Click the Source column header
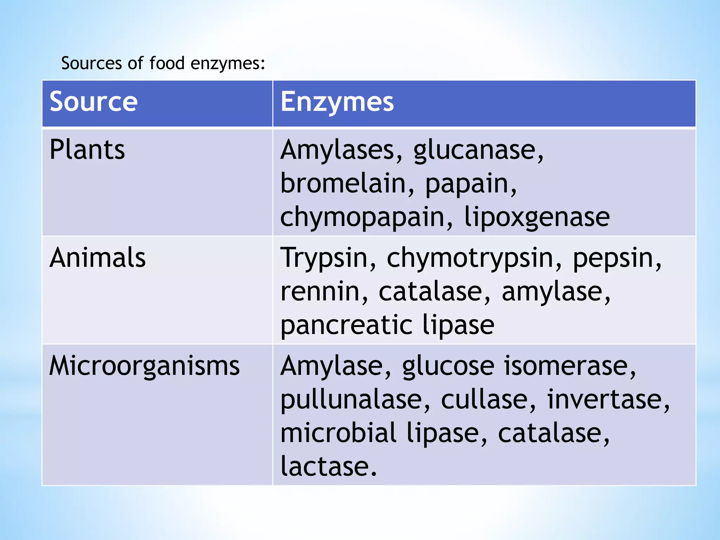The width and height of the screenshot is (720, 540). [94, 102]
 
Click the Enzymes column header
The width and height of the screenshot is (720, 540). [337, 102]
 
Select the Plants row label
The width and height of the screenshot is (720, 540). [87, 150]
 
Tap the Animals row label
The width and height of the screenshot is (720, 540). [97, 258]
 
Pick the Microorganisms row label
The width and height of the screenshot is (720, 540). [144, 366]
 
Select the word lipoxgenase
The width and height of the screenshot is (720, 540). [537, 217]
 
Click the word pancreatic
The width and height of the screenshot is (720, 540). [346, 325]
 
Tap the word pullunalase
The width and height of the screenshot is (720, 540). [355, 400]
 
